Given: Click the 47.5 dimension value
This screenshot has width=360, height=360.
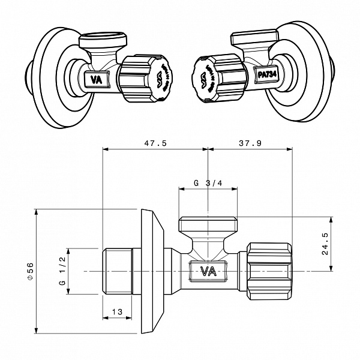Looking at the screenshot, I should coord(155,143).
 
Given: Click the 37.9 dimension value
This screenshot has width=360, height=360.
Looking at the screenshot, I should coord(250,143).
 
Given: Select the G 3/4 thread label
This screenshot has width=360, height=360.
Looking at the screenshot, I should coord(208,183).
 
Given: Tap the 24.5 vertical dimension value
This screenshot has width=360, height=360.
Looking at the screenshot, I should coord(325,244).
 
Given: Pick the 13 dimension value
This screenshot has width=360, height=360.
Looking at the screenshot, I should coord(117,312).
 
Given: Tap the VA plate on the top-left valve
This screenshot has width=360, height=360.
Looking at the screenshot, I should coord(96,79).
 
